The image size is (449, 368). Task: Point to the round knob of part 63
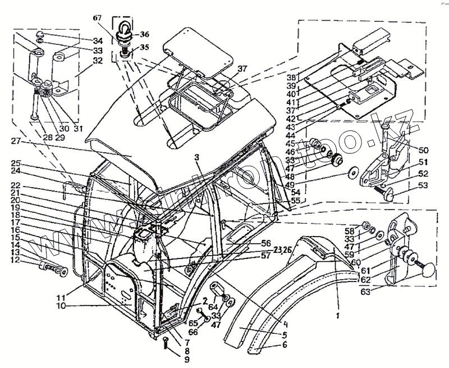click(428, 270)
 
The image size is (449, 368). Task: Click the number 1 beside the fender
click(337, 316)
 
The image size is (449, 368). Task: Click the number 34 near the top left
click(98, 41)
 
